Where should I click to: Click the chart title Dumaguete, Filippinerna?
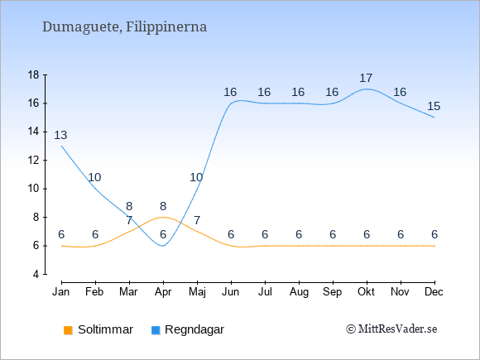(125, 27)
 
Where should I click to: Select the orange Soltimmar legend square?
(68, 330)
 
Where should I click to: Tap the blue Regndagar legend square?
(156, 330)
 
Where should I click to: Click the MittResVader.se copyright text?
(391, 329)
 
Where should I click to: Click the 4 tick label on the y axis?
(36, 274)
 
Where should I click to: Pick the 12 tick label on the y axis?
(34, 160)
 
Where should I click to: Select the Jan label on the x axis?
(61, 292)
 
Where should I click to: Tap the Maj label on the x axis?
(197, 292)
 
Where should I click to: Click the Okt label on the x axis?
(366, 292)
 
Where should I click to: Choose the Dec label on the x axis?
(434, 292)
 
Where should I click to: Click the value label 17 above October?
(366, 78)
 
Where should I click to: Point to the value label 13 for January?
(60, 135)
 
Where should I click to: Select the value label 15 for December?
(434, 106)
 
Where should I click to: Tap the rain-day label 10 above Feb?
(94, 177)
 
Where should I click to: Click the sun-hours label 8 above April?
(163, 206)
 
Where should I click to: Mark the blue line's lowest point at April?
(163, 246)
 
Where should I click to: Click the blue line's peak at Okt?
(367, 89)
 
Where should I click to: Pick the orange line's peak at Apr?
(163, 217)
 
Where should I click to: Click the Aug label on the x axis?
(299, 292)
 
